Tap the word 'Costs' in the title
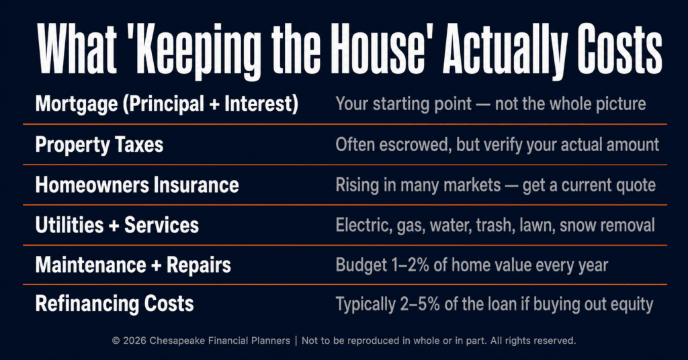point(619,50)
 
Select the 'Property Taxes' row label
point(99,145)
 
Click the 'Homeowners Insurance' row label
point(137,185)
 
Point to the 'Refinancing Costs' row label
point(114,304)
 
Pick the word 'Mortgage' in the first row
point(77,105)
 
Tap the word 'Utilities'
point(69,225)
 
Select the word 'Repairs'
point(199,265)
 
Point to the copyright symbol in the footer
point(116,341)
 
